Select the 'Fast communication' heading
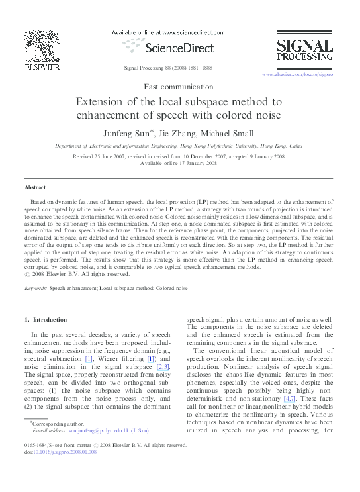179,86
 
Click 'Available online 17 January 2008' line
179,162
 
